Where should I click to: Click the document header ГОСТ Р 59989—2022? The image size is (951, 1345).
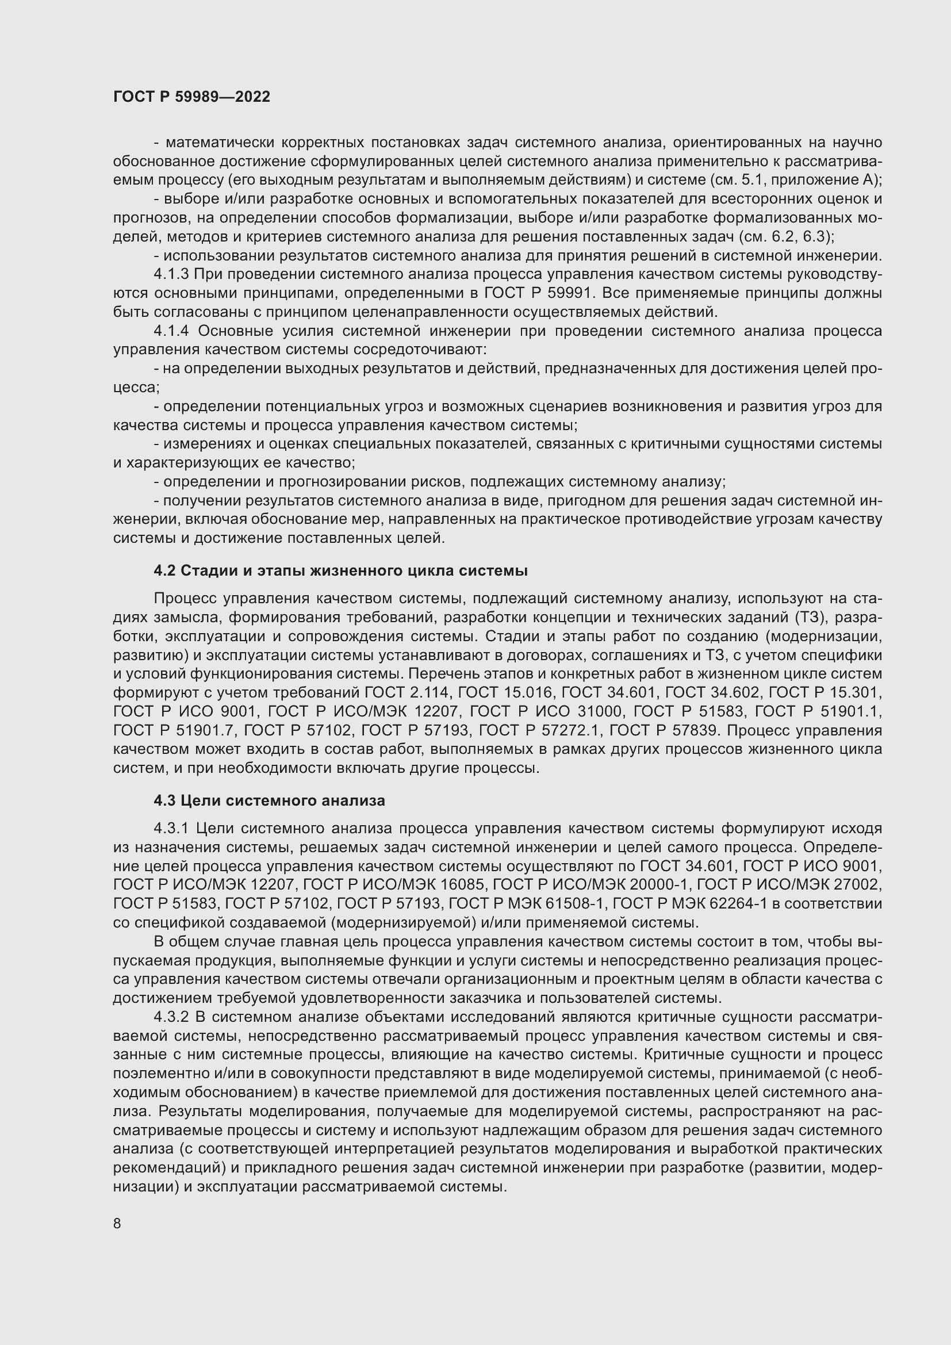pyautogui.click(x=191, y=97)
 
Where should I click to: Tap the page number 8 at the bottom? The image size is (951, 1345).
pyautogui.click(x=117, y=1223)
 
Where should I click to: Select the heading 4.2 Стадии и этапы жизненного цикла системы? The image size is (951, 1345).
pyautogui.click(x=341, y=570)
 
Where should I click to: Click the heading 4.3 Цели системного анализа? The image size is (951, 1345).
pyautogui.click(x=269, y=800)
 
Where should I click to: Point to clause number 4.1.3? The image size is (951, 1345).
pyautogui.click(x=171, y=275)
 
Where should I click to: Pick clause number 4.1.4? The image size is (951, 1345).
pyautogui.click(x=171, y=331)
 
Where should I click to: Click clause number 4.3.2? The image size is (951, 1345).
pyautogui.click(x=171, y=1017)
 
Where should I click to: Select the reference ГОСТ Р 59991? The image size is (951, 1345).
pyautogui.click(x=535, y=293)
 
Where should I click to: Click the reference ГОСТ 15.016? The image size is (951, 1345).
pyautogui.click(x=506, y=693)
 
